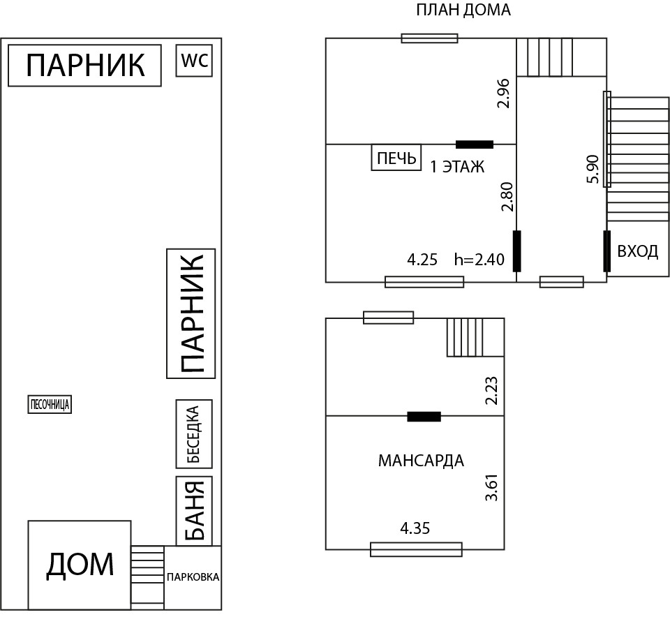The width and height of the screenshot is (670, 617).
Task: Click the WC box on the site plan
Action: (x=194, y=61)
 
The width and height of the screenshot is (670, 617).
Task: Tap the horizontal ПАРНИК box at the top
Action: (x=84, y=66)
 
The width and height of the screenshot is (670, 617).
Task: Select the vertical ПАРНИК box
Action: (x=191, y=313)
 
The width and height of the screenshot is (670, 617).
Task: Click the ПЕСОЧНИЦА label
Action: (x=50, y=405)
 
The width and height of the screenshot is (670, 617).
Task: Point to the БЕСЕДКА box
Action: (x=194, y=434)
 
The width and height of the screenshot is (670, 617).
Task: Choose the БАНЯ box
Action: (x=193, y=511)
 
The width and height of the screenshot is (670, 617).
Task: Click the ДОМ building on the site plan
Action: (x=80, y=565)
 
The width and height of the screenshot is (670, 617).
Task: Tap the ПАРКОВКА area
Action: (x=193, y=577)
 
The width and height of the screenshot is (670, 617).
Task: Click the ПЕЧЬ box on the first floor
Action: (x=396, y=158)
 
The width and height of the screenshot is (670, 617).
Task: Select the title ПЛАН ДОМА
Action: (x=463, y=10)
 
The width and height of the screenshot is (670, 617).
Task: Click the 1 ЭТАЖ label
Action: (x=456, y=168)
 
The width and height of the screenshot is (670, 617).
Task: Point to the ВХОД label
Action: (x=637, y=251)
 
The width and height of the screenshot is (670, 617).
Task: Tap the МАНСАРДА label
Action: (x=421, y=461)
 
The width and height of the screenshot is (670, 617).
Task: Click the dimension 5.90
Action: (x=593, y=169)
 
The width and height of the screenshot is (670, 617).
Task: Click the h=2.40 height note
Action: (x=479, y=260)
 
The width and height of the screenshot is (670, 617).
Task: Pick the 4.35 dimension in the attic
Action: (x=415, y=528)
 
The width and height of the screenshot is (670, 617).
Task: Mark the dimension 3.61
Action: (x=492, y=487)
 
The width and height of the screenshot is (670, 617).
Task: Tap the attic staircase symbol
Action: (x=475, y=337)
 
